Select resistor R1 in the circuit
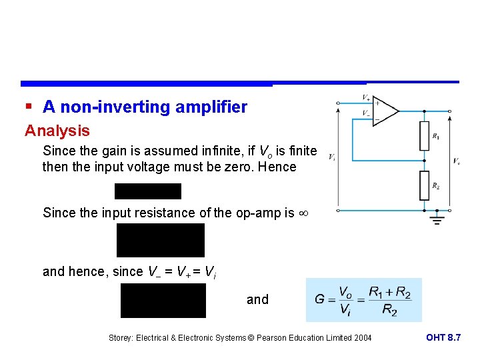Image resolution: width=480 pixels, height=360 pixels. click(x=423, y=136)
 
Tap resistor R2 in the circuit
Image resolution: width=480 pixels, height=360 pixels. click(x=423, y=185)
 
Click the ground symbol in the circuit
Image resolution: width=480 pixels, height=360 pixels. click(x=437, y=219)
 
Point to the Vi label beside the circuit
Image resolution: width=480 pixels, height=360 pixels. click(x=332, y=157)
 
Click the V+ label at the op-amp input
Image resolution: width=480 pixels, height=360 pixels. click(x=366, y=98)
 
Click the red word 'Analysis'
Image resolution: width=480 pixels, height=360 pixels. click(x=57, y=131)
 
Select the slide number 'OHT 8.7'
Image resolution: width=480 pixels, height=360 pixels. click(x=443, y=338)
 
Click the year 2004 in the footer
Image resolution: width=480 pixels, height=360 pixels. click(x=361, y=338)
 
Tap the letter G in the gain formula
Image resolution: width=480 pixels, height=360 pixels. click(x=321, y=299)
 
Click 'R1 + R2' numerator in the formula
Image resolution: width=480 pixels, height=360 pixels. click(x=390, y=291)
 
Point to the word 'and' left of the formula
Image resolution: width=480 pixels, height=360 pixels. click(x=257, y=299)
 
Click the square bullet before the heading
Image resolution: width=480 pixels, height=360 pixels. click(x=29, y=107)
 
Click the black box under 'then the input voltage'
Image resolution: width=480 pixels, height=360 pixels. click(x=148, y=191)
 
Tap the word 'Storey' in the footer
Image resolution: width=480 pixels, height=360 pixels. click(x=122, y=338)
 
